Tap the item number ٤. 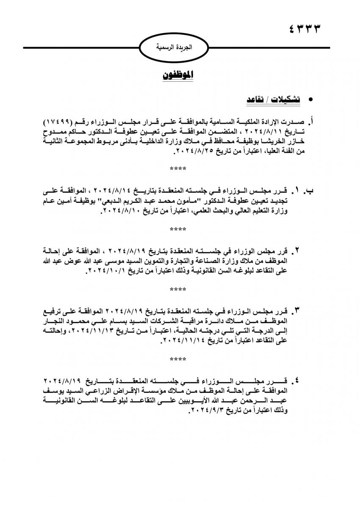pyautogui.click(x=298, y=380)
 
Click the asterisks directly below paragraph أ pyautogui.click(x=178, y=169)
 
